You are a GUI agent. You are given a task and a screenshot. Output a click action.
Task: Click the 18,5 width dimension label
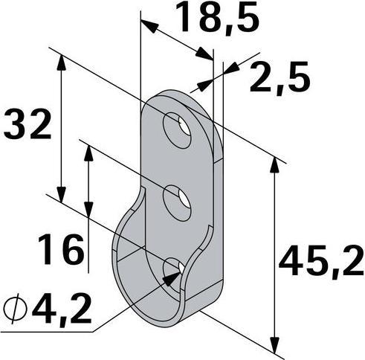218,19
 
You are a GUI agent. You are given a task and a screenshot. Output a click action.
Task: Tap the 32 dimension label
28,123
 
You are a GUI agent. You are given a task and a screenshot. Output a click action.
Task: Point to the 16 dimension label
61,249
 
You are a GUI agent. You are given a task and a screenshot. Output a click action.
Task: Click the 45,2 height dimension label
322,261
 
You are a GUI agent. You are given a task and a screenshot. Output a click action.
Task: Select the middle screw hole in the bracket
178,203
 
